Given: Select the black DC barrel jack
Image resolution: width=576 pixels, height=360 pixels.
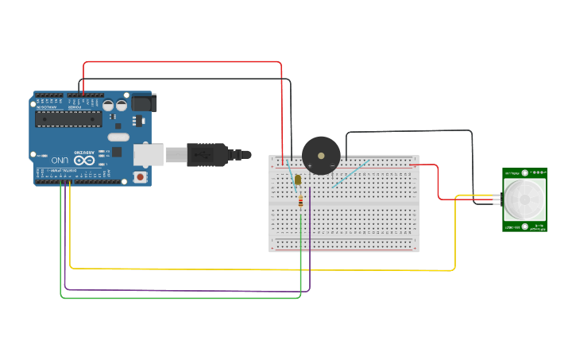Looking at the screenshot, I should click(144, 103).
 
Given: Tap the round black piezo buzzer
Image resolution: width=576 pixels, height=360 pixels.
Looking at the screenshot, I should click(321, 154).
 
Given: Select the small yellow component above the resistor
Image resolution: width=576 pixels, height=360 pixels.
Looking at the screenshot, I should click(298, 180).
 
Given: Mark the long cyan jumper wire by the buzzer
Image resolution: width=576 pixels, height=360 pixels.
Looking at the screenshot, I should click(350, 174).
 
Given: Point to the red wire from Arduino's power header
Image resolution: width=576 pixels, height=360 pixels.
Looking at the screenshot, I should click(183, 62).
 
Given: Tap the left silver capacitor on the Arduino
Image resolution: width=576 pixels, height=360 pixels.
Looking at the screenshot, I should click(109, 105).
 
